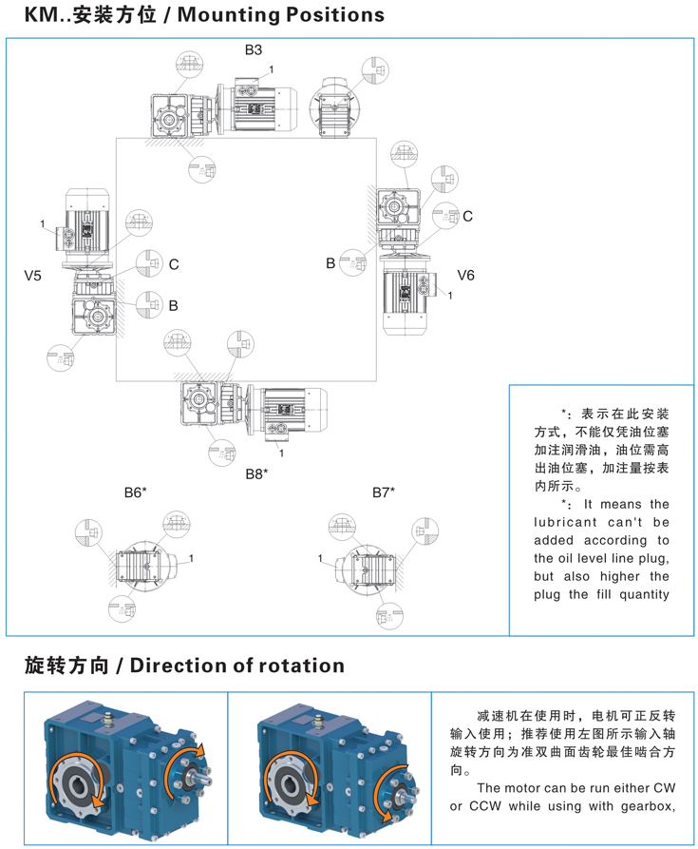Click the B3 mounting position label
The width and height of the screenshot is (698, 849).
(x=254, y=49)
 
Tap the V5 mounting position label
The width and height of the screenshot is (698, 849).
(x=33, y=276)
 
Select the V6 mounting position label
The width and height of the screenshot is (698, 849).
(x=465, y=275)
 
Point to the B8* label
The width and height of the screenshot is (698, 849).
(x=257, y=473)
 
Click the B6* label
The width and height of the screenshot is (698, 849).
(x=135, y=492)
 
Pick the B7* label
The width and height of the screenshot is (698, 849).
(x=384, y=492)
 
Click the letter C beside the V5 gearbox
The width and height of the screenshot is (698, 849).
(x=174, y=265)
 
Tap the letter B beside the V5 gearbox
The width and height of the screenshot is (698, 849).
(x=174, y=306)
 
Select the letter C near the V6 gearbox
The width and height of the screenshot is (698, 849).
(x=467, y=217)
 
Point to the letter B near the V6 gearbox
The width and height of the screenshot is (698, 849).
(x=330, y=263)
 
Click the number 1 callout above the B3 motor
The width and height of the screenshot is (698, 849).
(x=272, y=70)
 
